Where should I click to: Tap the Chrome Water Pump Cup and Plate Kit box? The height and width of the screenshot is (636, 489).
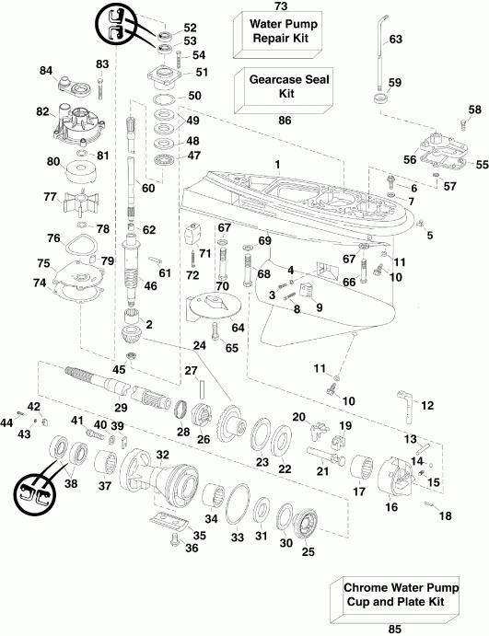coord(392,596)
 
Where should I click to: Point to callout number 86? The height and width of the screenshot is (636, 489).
coord(285,120)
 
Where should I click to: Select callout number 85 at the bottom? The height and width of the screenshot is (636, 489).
coord(393,630)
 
